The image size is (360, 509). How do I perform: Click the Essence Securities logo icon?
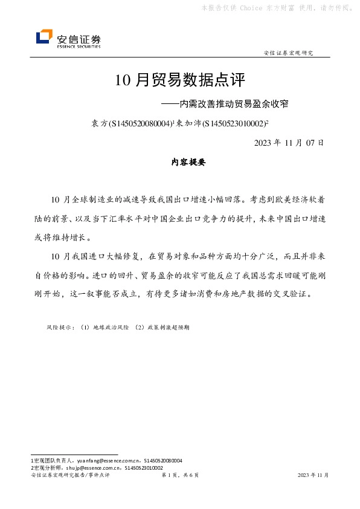44,37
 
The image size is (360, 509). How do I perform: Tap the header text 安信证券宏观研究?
289,53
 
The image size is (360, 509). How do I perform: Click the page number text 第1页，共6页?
180,475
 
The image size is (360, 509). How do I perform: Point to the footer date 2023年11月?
313,475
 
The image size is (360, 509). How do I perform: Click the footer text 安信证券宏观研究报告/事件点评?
69,475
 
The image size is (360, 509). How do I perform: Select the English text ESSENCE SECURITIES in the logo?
79,46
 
